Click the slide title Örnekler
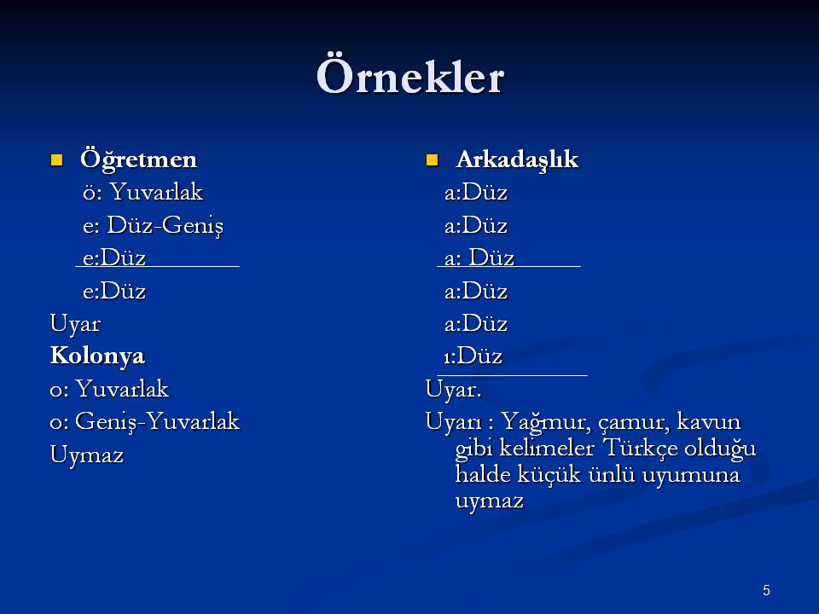[x=410, y=76]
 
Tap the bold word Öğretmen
[x=138, y=159]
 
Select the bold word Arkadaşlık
[x=517, y=159]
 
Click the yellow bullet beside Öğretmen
[x=56, y=159]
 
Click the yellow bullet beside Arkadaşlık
[x=432, y=159]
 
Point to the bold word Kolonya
[x=97, y=356]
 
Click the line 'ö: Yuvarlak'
[x=142, y=192]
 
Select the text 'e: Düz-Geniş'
[x=153, y=225]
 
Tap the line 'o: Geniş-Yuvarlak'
[x=145, y=421]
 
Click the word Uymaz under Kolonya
[x=87, y=455]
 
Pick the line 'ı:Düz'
[x=473, y=356]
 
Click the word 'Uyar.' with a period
[x=453, y=389]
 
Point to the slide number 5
[x=766, y=590]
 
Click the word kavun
[x=709, y=421]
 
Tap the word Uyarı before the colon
[x=453, y=422]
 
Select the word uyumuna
[x=691, y=475]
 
